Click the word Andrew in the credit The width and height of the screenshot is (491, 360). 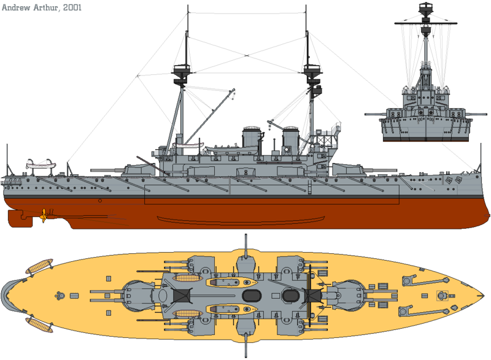point(19,7)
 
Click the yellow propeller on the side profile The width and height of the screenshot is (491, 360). point(44,215)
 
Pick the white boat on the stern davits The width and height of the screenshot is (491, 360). point(40,163)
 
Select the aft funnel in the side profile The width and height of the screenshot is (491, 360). point(250,138)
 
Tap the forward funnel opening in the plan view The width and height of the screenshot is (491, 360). point(290,295)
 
